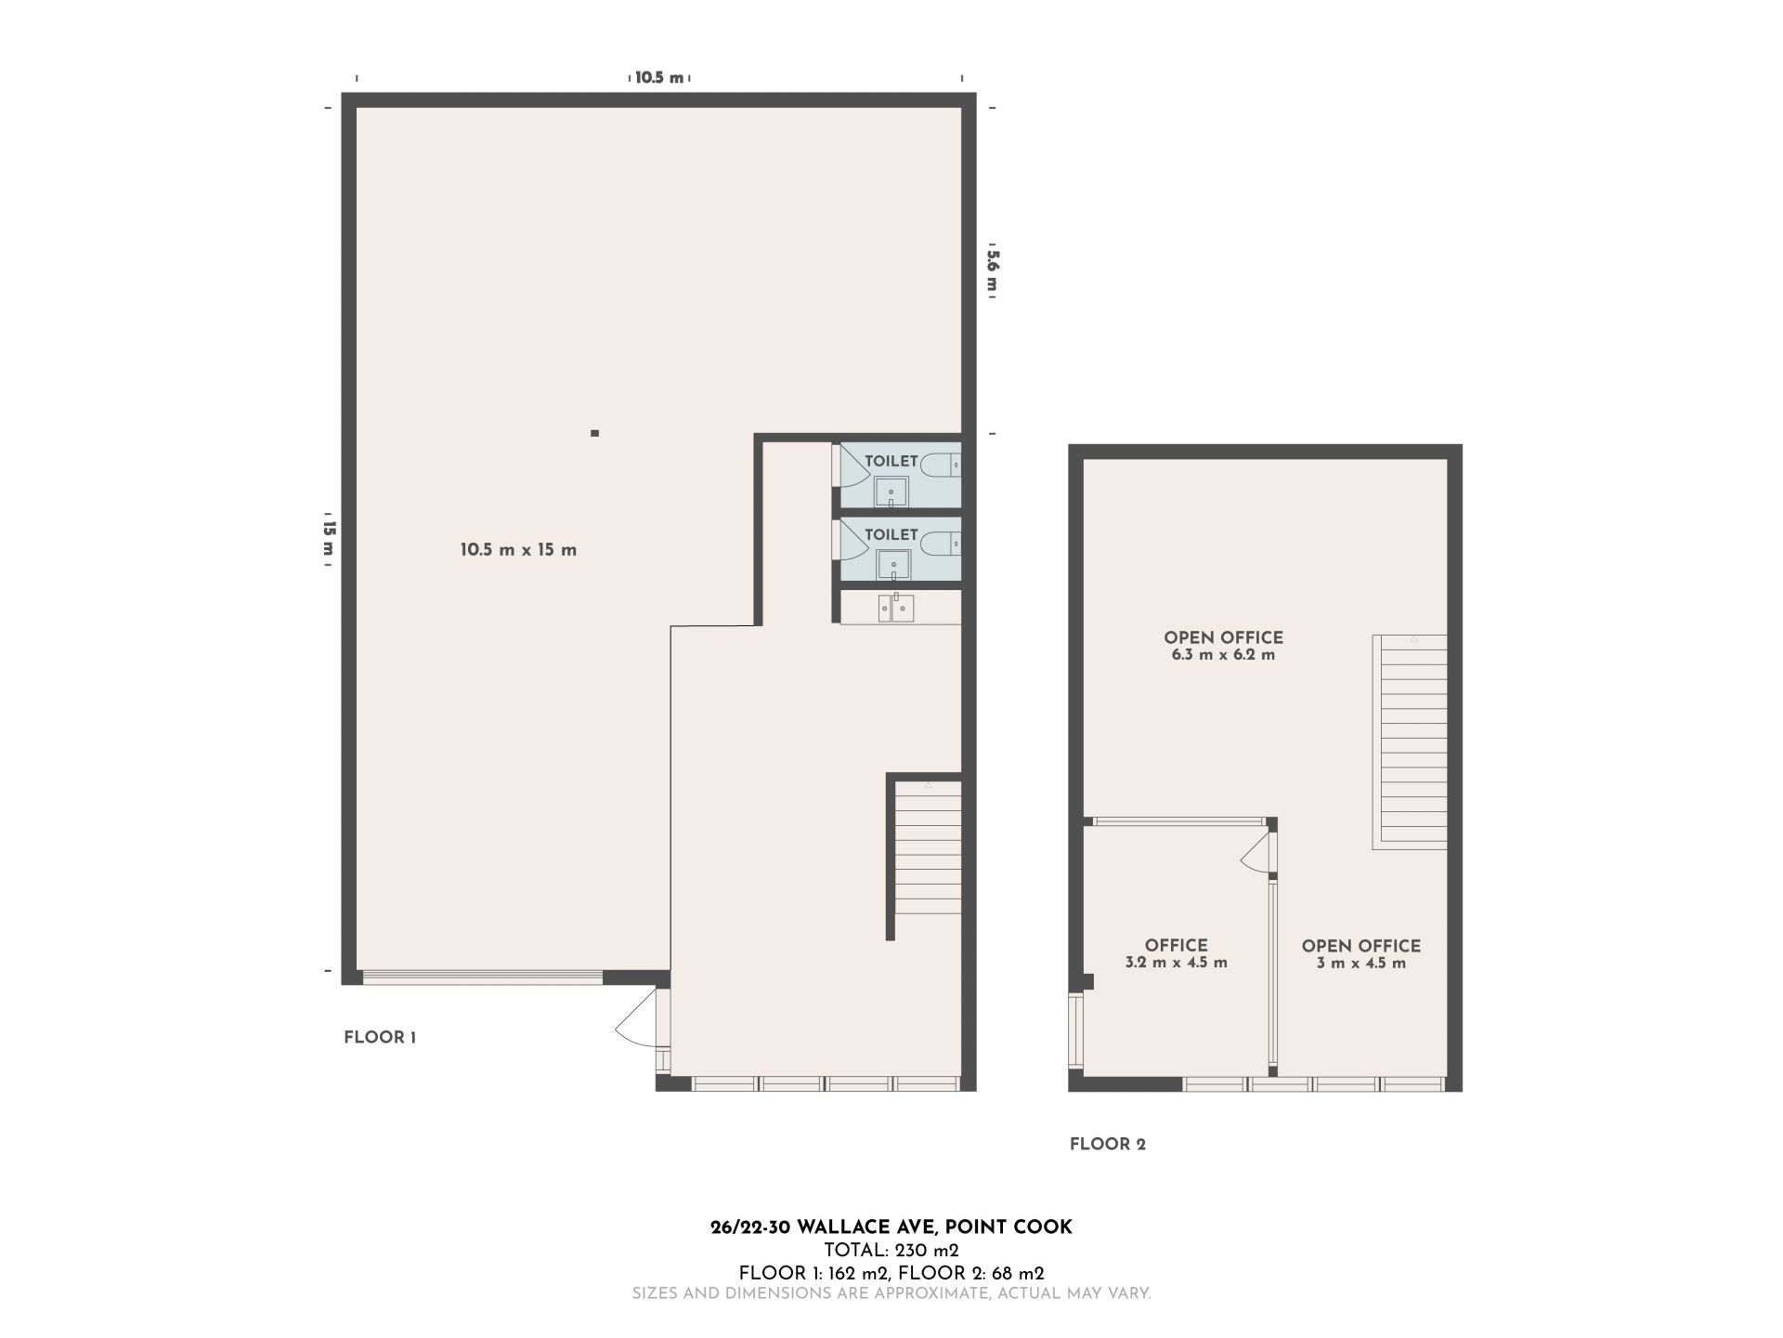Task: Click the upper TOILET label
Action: pos(891,461)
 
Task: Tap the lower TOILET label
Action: pos(891,534)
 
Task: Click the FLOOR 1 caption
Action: pos(380,1038)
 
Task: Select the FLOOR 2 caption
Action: pos(1108,1144)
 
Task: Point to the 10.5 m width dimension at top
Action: pos(659,78)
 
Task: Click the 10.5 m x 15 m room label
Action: pos(518,550)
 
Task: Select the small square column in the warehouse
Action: pos(594,433)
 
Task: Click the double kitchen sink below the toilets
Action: pos(896,609)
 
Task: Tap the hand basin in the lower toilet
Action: pos(891,565)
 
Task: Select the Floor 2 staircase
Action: pos(1410,741)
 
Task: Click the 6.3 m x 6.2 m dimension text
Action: pos(1223,655)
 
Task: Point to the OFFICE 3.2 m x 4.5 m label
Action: pos(1176,954)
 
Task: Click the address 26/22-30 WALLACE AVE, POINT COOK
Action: pos(891,1227)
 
